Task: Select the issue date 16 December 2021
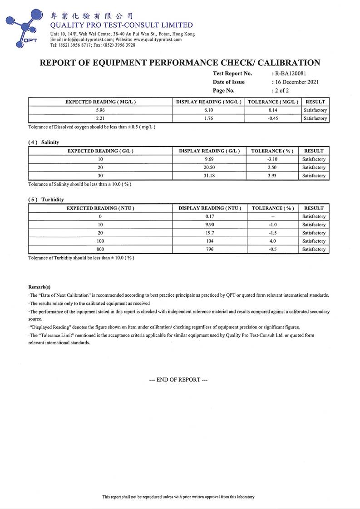click(296, 82)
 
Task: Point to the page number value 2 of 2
click(281, 91)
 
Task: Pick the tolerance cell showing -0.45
click(273, 118)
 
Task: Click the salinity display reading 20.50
click(209, 167)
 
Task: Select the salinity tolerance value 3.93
click(273, 176)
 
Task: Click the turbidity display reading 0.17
click(209, 216)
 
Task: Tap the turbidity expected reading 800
click(100, 249)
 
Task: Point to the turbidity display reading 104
click(209, 241)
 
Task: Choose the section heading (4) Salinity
click(44, 142)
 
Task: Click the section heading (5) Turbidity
click(46, 200)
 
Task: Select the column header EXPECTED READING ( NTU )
click(100, 208)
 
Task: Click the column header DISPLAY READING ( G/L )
click(209, 151)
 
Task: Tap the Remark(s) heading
click(39, 287)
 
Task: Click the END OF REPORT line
click(178, 380)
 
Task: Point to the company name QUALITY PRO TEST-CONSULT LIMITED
click(121, 25)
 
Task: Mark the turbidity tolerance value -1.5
click(273, 233)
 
